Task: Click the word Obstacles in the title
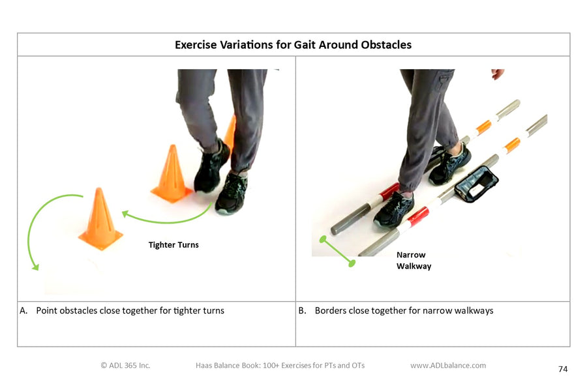click(x=386, y=45)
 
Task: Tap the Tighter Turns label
click(x=173, y=245)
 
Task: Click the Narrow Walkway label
click(x=414, y=261)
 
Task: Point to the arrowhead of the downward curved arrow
click(x=35, y=267)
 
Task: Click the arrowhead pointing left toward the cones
click(x=126, y=214)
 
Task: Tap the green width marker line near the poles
click(x=337, y=252)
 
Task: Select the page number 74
click(x=563, y=369)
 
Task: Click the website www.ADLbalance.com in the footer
click(x=448, y=366)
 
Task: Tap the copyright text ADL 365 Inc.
click(x=125, y=366)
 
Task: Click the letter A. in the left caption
click(x=23, y=311)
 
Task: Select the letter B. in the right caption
click(x=303, y=311)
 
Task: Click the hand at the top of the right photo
click(x=498, y=74)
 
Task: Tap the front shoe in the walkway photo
click(x=394, y=209)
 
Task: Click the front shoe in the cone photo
click(x=232, y=193)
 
